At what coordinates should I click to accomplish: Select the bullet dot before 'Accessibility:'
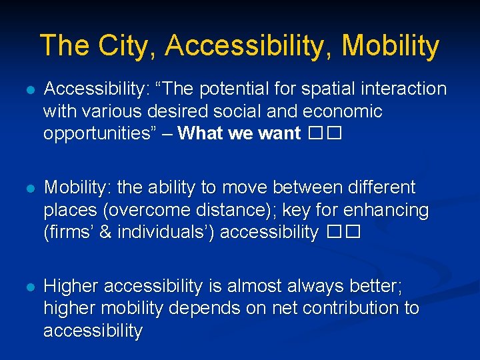pos(27,89)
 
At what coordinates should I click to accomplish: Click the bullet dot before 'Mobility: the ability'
pos(27,187)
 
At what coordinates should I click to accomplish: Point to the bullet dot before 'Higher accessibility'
pos(27,286)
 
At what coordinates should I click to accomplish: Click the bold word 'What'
pos(201,133)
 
